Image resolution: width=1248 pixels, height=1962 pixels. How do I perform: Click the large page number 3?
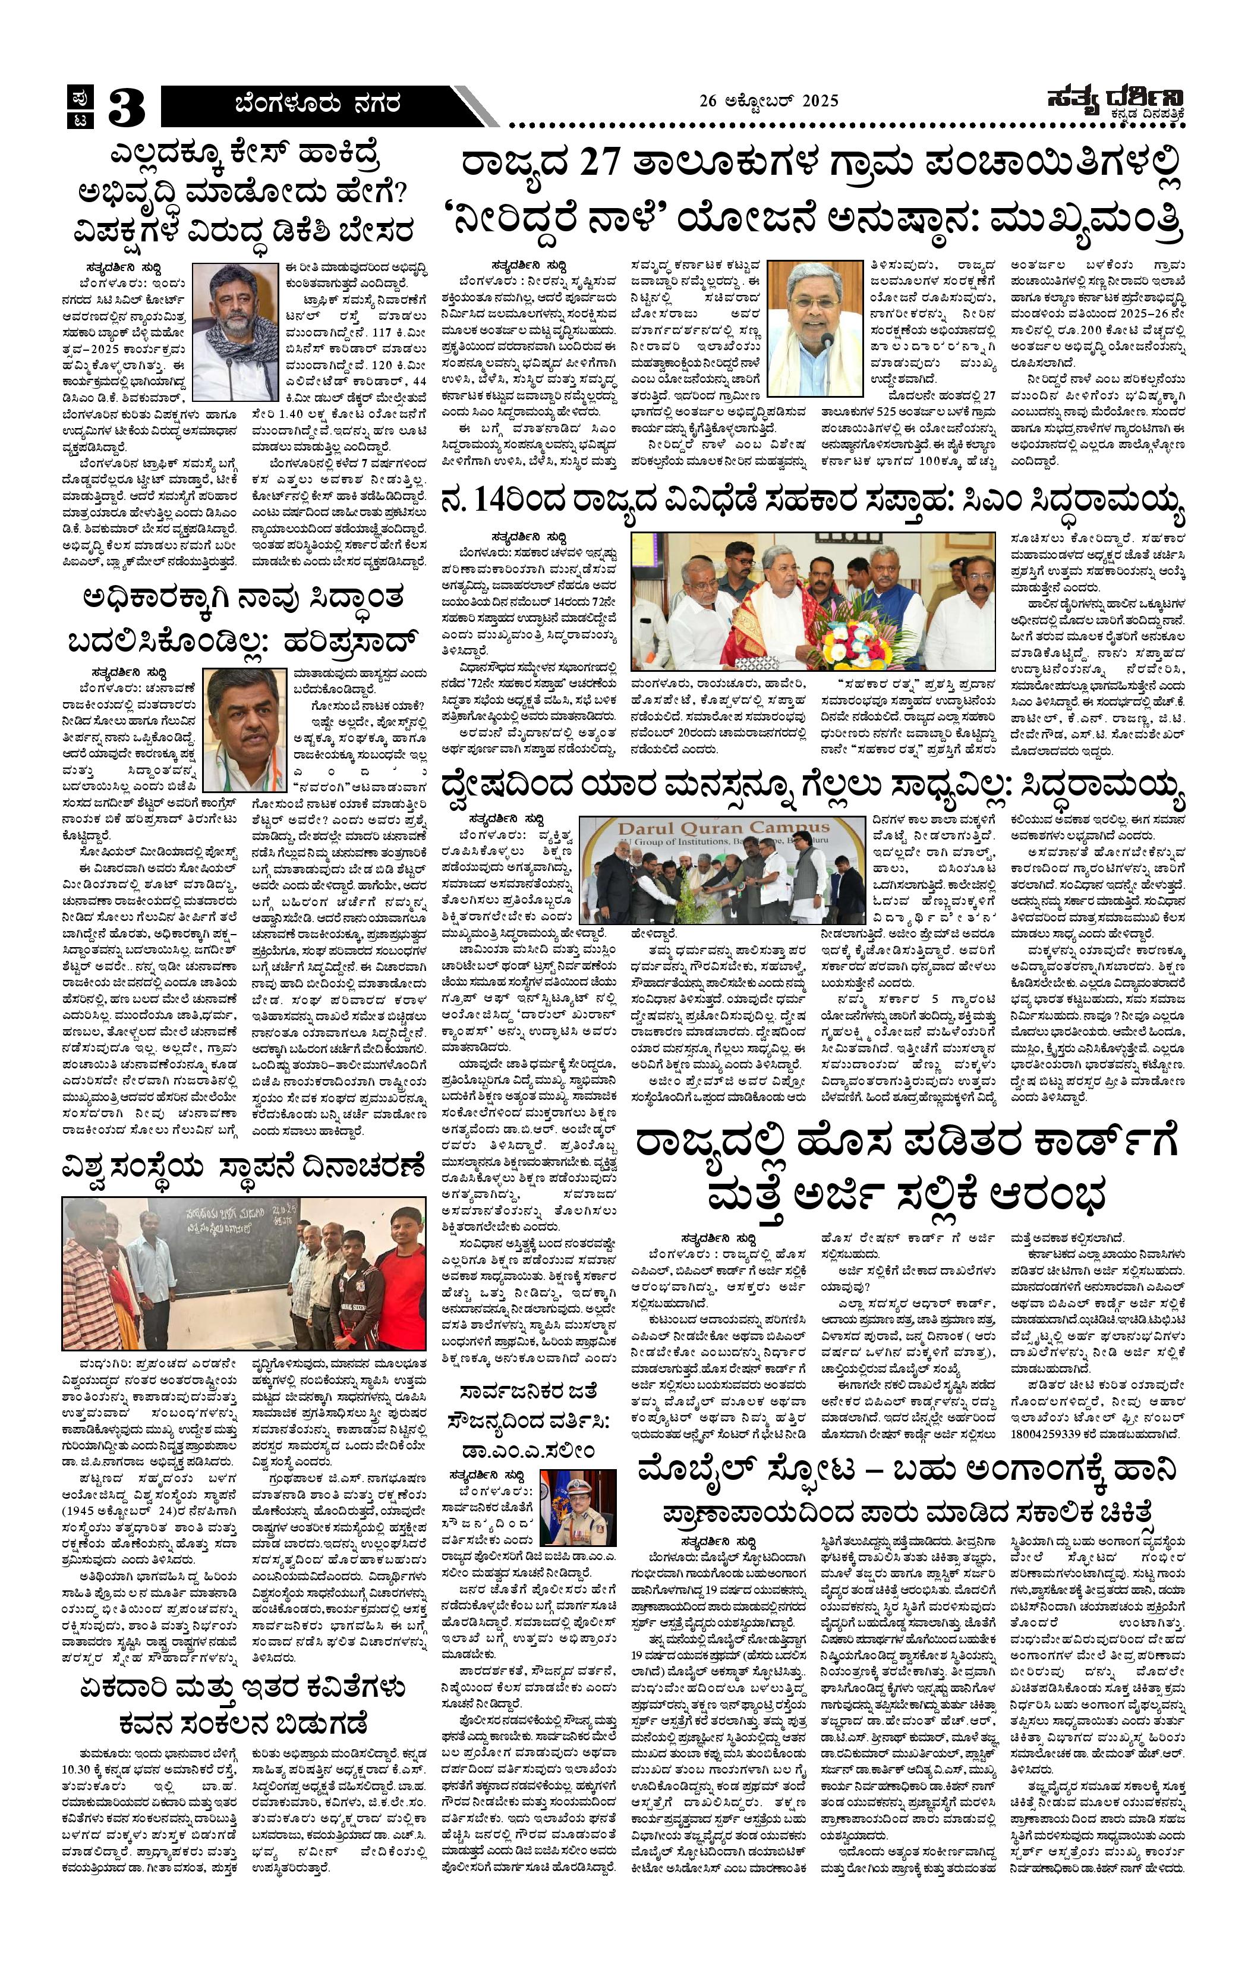125,107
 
